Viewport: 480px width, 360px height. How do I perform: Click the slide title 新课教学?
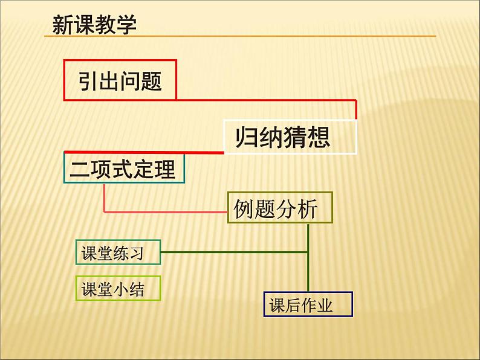point(94,25)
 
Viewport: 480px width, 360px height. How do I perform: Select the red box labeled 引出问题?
point(120,79)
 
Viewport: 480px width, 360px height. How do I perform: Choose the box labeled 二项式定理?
point(123,168)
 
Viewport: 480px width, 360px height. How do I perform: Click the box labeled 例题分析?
point(280,208)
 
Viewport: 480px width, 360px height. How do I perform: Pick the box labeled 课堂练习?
point(118,252)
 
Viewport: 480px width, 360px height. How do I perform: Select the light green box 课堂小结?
point(118,289)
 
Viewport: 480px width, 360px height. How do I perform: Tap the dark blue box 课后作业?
point(308,305)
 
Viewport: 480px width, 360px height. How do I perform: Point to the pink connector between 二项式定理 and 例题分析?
point(163,212)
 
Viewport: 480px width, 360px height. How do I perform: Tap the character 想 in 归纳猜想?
point(320,137)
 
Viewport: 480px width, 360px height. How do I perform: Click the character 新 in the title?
point(63,25)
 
